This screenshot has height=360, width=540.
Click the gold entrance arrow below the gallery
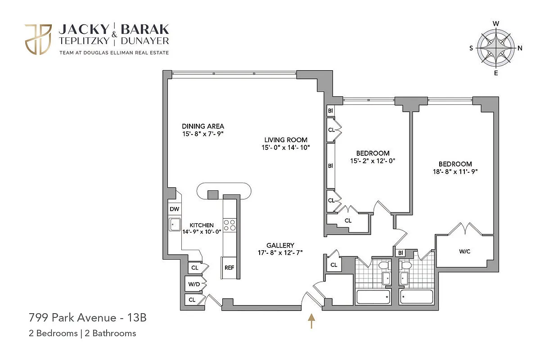(311, 321)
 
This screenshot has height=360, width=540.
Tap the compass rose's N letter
(520, 48)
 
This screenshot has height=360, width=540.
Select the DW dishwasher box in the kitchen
(174, 209)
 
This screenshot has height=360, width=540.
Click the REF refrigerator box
(229, 267)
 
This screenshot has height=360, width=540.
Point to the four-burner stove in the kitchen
(229, 225)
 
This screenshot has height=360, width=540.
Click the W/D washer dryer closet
(194, 284)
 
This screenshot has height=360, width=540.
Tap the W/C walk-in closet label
(465, 252)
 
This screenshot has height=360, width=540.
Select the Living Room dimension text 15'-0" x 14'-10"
(286, 147)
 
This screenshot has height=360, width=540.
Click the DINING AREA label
(202, 126)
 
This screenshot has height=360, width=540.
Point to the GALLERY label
(280, 245)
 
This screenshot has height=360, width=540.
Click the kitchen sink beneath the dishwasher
(175, 224)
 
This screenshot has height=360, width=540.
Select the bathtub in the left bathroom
(373, 297)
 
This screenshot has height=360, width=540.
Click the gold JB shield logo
(38, 40)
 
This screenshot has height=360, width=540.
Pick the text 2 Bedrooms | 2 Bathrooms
(82, 333)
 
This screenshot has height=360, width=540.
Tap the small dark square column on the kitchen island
(212, 194)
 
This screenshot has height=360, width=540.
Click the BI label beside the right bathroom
(400, 253)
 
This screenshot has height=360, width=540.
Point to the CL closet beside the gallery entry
(333, 265)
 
